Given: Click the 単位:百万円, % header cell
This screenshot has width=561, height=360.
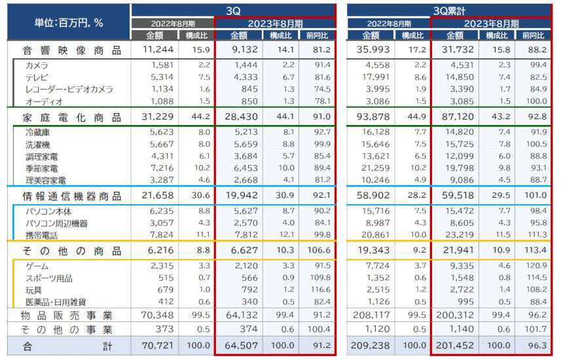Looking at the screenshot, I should (x=68, y=22).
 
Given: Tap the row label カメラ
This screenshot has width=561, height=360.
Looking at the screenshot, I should (x=37, y=65).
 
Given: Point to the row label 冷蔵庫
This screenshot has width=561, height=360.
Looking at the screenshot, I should (x=37, y=132).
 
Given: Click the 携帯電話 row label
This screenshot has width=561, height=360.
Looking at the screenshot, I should (x=41, y=234).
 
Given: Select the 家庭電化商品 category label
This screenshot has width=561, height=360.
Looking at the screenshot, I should (x=72, y=117).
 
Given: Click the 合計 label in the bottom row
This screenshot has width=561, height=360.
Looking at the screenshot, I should (x=72, y=346).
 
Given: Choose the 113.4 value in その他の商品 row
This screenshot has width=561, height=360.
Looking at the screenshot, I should (x=534, y=251).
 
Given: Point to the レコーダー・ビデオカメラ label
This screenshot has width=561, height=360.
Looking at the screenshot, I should (x=69, y=89).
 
